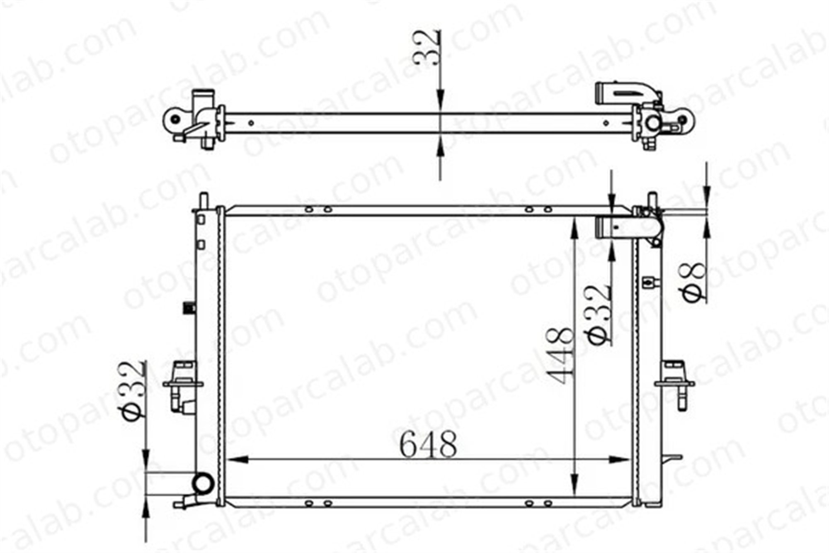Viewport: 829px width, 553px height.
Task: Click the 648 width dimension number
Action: coord(428,444)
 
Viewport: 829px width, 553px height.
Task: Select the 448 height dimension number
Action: coord(560,356)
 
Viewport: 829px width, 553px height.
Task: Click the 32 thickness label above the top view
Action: coord(427,47)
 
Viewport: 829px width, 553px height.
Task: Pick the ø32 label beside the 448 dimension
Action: coord(600,314)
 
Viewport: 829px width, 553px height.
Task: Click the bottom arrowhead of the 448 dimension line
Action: coord(574,485)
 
